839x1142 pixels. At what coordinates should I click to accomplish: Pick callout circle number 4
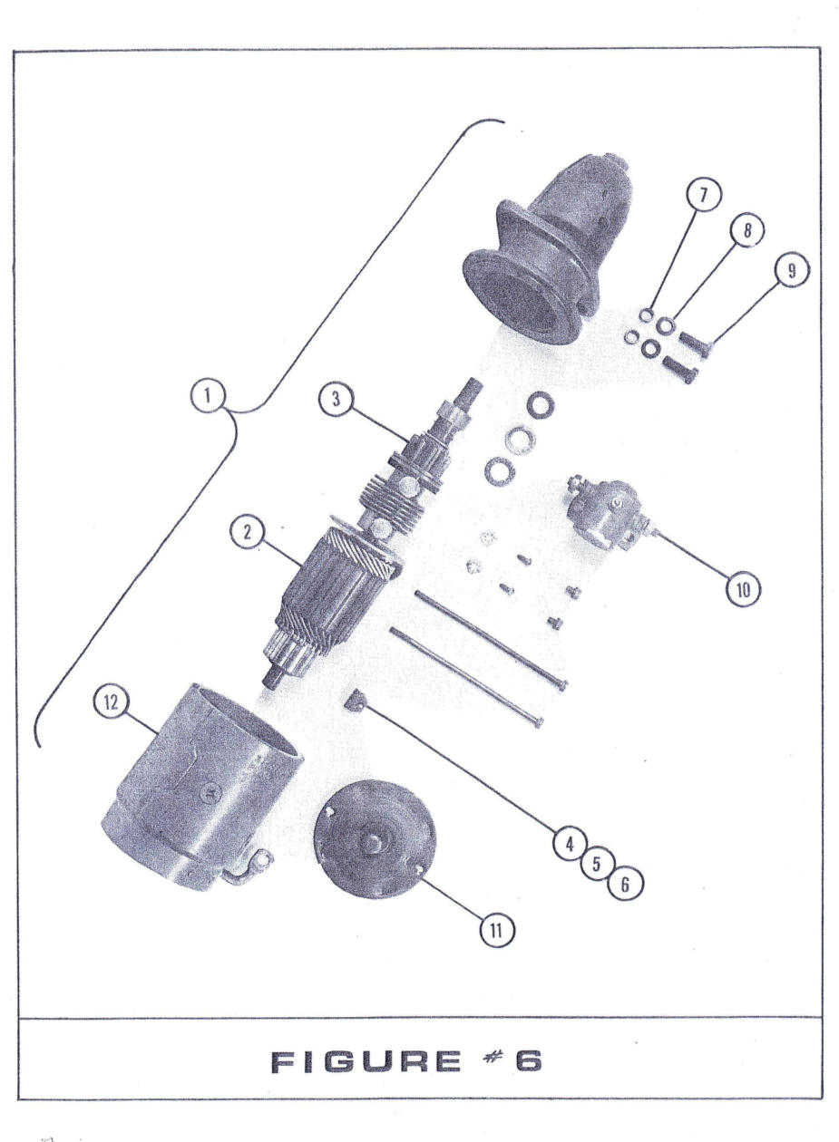pos(570,844)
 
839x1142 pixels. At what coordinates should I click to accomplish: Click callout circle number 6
pos(623,883)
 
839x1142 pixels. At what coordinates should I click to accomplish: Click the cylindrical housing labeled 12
pos(200,779)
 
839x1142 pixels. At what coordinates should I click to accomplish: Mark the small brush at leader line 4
pos(357,700)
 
